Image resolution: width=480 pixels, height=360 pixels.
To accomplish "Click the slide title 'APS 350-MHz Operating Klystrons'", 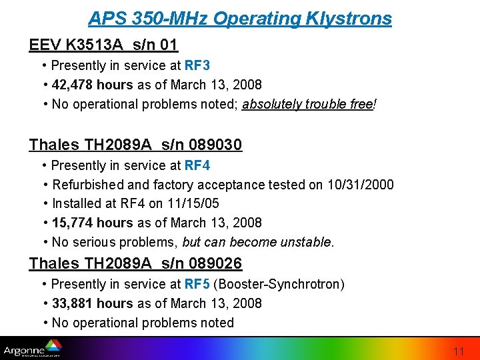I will click(240, 18).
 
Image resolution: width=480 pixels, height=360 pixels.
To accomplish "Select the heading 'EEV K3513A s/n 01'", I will click(103, 45).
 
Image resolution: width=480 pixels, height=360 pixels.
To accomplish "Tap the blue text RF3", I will click(198, 65).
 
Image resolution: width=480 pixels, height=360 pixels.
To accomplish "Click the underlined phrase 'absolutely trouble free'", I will click(307, 104).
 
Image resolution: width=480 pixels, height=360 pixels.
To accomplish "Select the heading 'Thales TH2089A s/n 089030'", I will click(135, 145).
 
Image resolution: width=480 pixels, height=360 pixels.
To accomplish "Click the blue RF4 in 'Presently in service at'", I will click(198, 165).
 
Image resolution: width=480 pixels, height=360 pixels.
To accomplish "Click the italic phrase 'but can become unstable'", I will click(257, 242).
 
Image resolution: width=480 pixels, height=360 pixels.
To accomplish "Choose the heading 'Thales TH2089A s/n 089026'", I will click(135, 263).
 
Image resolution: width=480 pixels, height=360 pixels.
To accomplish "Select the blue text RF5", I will click(198, 284).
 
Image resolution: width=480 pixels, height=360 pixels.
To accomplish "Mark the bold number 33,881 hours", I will click(93, 303).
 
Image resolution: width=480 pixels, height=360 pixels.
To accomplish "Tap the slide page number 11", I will click(458, 351).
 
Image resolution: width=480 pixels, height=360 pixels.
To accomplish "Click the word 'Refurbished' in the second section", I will click(85, 184).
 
